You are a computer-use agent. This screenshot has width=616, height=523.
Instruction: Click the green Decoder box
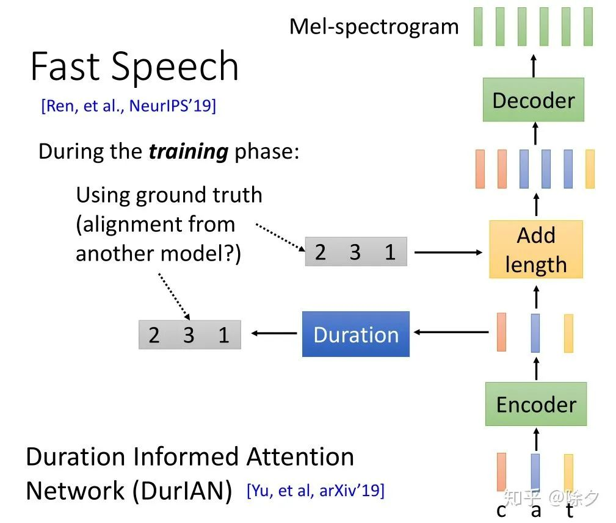(x=533, y=99)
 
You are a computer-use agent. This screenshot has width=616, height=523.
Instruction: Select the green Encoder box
(x=536, y=404)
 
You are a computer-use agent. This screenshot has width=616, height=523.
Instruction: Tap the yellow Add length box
(x=536, y=250)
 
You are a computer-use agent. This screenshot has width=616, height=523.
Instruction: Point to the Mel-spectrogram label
(x=374, y=27)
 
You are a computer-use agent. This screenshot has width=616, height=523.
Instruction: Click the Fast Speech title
(x=134, y=66)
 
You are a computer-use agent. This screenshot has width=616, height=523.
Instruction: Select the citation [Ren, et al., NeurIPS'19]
(x=128, y=106)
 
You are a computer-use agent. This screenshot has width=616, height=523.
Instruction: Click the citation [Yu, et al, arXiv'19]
(x=316, y=491)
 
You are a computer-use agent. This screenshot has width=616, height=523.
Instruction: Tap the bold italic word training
(x=189, y=152)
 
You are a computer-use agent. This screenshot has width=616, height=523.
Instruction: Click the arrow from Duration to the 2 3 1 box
(x=274, y=333)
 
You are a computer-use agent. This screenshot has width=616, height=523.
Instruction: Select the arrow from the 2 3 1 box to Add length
(x=448, y=253)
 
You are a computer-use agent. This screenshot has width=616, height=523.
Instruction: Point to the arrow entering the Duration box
(x=451, y=332)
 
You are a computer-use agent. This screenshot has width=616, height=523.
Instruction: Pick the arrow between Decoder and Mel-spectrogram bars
(x=534, y=65)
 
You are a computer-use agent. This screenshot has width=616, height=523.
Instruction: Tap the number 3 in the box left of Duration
(x=189, y=335)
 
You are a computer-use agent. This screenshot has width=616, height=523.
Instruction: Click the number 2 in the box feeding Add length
(x=320, y=251)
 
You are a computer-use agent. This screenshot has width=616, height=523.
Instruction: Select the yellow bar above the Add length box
(x=590, y=169)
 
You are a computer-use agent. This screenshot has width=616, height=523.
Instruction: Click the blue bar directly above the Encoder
(x=535, y=333)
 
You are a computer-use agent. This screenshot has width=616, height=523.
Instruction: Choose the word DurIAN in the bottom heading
(x=183, y=491)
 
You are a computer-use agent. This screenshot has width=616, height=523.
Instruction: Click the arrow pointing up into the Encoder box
(x=536, y=439)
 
